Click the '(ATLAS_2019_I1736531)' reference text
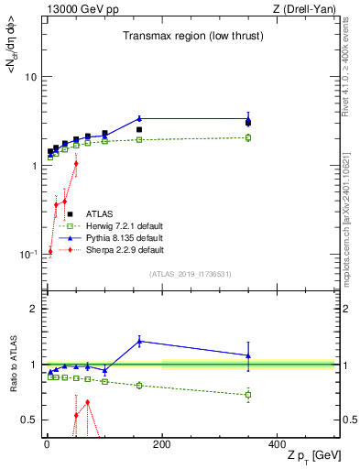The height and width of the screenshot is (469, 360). tap(189, 274)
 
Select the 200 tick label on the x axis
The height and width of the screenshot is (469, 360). tap(162, 444)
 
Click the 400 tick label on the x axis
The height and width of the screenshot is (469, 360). tap(277, 444)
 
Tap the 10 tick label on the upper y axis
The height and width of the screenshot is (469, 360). tap(31, 77)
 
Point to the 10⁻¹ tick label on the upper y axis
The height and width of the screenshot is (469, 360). tap(27, 253)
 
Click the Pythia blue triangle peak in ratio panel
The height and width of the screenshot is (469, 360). tap(139, 341)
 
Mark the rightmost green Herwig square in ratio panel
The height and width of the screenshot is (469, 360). tap(248, 395)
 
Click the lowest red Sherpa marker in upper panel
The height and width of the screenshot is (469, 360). tap(49, 251)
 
